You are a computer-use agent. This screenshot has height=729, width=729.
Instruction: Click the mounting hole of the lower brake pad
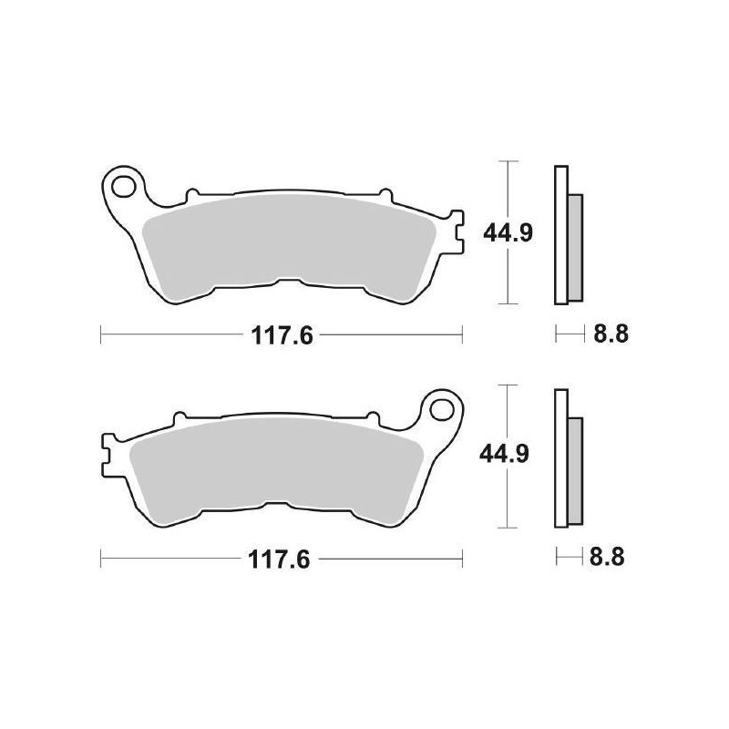pyautogui.click(x=442, y=406)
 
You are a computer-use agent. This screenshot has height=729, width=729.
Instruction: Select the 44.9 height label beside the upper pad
pyautogui.click(x=507, y=233)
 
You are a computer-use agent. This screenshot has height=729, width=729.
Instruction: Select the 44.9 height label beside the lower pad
pyautogui.click(x=507, y=453)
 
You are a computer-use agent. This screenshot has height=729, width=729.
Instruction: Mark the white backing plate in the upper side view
pyautogui.click(x=560, y=234)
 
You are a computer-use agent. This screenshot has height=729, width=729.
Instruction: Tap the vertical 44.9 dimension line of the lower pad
pyautogui.click(x=507, y=501)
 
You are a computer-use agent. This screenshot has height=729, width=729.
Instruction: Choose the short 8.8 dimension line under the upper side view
pyautogui.click(x=570, y=335)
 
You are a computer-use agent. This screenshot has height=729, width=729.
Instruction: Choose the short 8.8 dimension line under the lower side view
pyautogui.click(x=570, y=558)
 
